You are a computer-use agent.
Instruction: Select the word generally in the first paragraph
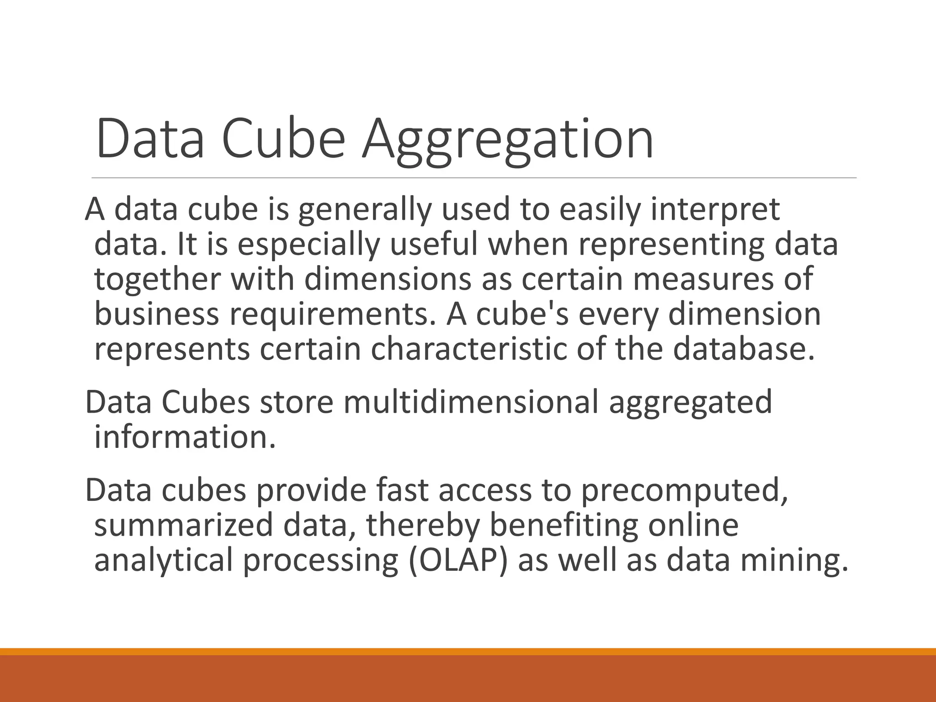pos(365,211)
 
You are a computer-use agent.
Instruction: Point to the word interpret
pos(715,211)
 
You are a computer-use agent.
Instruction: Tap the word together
pos(158,279)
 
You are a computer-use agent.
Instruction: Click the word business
pos(157,314)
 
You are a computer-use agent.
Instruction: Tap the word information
pos(185,437)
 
